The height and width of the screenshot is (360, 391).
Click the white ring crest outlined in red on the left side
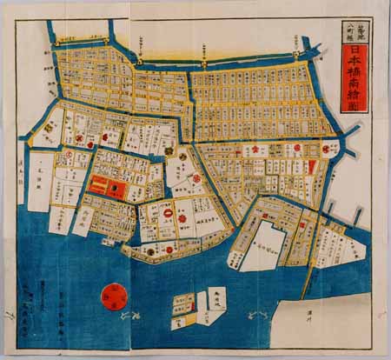tap(66, 156)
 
